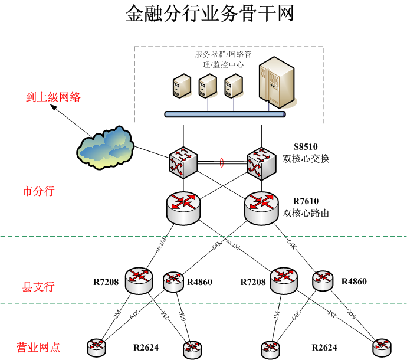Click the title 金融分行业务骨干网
pos(209,14)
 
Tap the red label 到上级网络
pos(53,97)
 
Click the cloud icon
pos(105,148)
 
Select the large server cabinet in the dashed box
pos(277,82)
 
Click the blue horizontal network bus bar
pos(225,114)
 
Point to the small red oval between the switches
pos(222,163)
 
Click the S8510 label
pos(306,147)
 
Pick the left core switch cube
pos(183,163)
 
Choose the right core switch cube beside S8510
pos(261,163)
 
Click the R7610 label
pos(306,201)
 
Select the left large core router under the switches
pos(183,208)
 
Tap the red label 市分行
pos(38,191)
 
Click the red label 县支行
pos(38,287)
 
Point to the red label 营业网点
pos(38,347)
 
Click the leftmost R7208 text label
pos(106,282)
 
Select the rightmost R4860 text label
pos(354,282)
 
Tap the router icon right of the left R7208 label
pos(139,281)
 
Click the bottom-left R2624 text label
pos(146,348)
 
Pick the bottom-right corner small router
pos(382,348)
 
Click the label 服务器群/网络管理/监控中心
pos(223,59)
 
